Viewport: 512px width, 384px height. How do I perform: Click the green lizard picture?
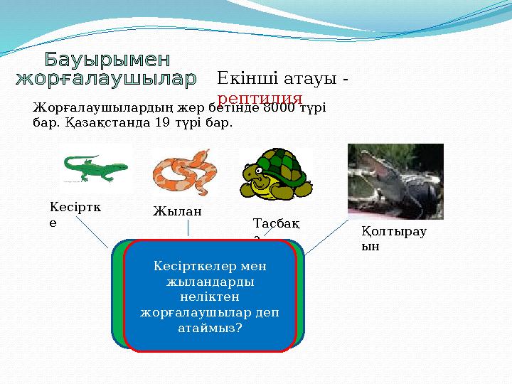pyautogui.click(x=95, y=169)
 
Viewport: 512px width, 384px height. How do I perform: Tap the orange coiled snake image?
pyautogui.click(x=184, y=173)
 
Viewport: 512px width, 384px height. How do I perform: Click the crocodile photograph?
pyautogui.click(x=395, y=181)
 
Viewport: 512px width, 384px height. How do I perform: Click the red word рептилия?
pyautogui.click(x=260, y=99)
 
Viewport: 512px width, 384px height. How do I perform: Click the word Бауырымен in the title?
pyautogui.click(x=107, y=58)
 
